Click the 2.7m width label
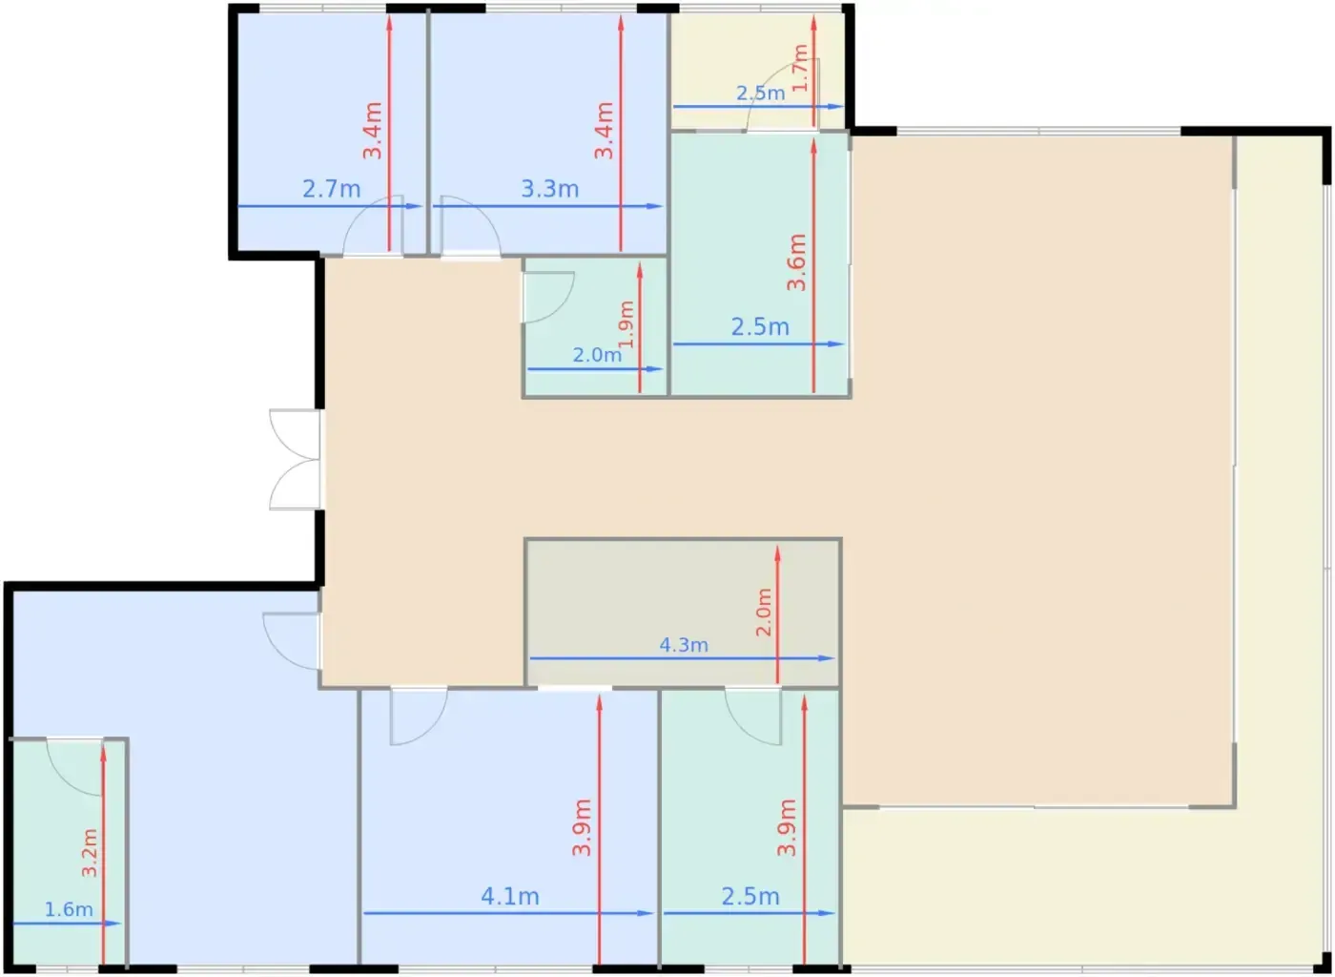[332, 189]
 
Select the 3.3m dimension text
[550, 189]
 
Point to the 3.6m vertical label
[796, 262]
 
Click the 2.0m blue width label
[597, 356]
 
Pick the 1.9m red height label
[626, 324]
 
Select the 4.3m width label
[684, 645]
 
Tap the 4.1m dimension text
[510, 897]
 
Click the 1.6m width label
[69, 909]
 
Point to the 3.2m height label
[89, 853]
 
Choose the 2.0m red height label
[764, 613]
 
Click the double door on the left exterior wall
[296, 459]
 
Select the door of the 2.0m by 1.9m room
[548, 297]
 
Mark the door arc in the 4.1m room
[419, 717]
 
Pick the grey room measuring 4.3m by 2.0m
[683, 613]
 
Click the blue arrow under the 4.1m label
[508, 913]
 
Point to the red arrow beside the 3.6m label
[814, 265]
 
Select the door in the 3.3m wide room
[470, 227]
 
